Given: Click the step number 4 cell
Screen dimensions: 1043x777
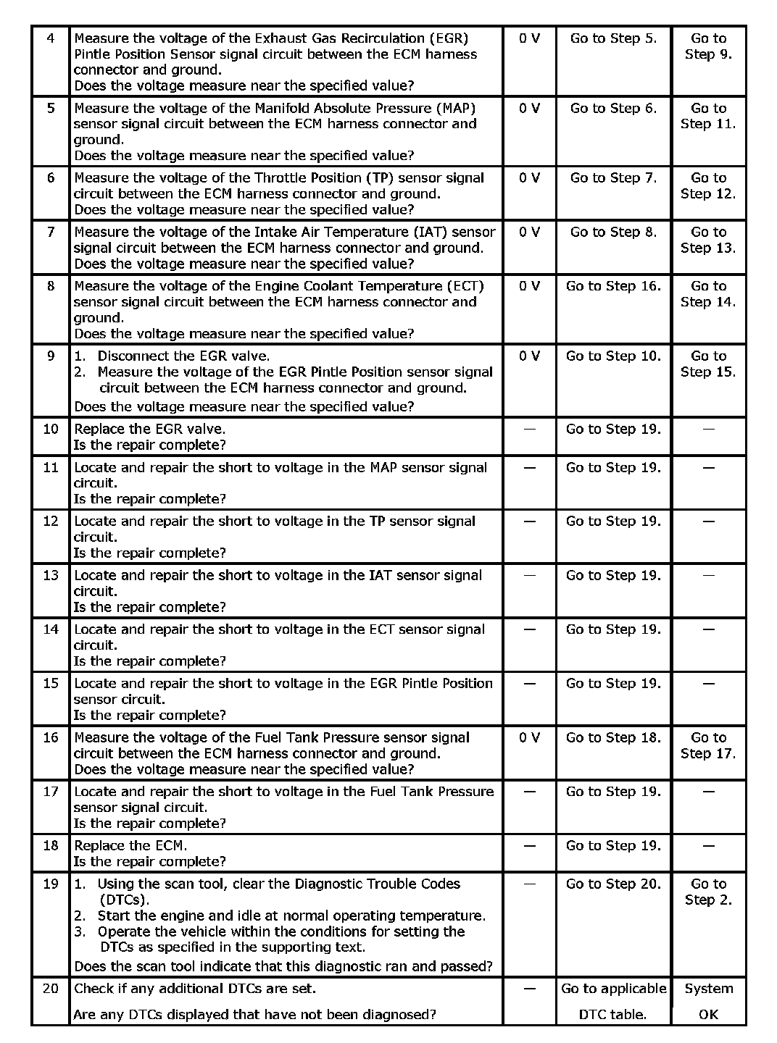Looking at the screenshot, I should pyautogui.click(x=50, y=38).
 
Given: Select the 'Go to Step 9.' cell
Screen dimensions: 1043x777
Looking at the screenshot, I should pyautogui.click(x=708, y=46).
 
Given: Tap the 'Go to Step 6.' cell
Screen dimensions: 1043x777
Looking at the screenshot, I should pyautogui.click(x=613, y=108).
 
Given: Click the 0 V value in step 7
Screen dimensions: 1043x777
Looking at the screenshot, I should pyautogui.click(x=529, y=232).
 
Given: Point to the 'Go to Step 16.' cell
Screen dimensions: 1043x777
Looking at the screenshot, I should pyautogui.click(x=613, y=286).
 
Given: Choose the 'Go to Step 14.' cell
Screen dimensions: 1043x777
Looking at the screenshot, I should pyautogui.click(x=708, y=294).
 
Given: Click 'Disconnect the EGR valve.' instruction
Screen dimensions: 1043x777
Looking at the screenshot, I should pyautogui.click(x=183, y=356).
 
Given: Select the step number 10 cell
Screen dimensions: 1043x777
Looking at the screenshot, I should pyautogui.click(x=50, y=429).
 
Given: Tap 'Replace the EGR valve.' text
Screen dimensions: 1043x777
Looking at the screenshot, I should pyautogui.click(x=150, y=429).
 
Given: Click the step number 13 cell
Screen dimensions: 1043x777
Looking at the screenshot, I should pyautogui.click(x=50, y=575).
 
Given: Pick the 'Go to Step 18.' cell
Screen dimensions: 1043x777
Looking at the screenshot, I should pyautogui.click(x=613, y=737).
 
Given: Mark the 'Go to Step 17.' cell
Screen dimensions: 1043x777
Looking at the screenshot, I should pyautogui.click(x=708, y=745).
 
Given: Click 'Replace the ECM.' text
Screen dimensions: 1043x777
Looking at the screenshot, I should pyautogui.click(x=130, y=845).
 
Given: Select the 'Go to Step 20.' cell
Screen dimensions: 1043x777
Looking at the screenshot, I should pyautogui.click(x=613, y=884).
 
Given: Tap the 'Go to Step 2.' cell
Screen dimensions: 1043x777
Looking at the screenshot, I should pyautogui.click(x=708, y=892).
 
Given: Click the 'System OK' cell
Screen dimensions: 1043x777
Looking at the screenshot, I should pyautogui.click(x=708, y=1001).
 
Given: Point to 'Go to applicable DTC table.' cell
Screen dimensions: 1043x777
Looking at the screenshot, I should pyautogui.click(x=613, y=1001).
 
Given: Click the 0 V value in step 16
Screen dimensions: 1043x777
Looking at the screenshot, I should pyautogui.click(x=529, y=737).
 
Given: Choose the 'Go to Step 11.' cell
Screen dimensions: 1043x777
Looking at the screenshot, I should pyautogui.click(x=708, y=116).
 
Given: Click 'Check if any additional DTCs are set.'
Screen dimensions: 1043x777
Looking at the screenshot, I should pyautogui.click(x=195, y=988).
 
